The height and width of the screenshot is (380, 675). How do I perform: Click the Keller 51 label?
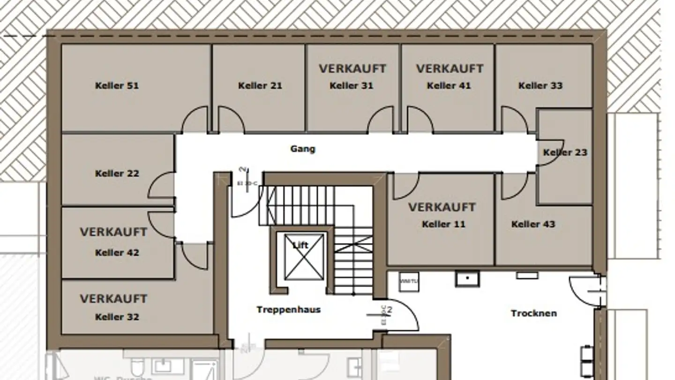[x=117, y=85]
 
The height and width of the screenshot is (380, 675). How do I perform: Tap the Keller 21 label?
[x=260, y=85]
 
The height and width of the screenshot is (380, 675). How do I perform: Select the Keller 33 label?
[x=540, y=85]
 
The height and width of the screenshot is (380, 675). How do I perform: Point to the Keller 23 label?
[x=565, y=152]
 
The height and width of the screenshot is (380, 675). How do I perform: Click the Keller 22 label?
[x=117, y=174]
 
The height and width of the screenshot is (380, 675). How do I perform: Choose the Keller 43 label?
[x=533, y=224]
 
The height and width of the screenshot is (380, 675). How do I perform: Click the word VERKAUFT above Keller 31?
[x=352, y=68]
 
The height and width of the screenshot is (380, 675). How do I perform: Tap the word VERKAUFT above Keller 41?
[x=450, y=68]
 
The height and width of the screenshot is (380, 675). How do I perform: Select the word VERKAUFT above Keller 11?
[x=442, y=207]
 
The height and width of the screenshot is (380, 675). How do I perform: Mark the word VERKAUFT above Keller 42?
[x=113, y=232]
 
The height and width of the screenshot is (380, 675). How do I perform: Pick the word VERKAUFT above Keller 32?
[x=113, y=298]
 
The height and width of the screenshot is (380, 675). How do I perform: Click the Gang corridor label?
[x=303, y=149]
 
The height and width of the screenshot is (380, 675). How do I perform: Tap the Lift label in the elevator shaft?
[x=300, y=245]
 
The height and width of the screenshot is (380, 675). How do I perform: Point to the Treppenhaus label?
[x=288, y=310]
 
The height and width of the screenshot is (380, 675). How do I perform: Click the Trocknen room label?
[x=533, y=313]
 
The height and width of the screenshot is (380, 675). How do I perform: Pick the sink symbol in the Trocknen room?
[x=467, y=279]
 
